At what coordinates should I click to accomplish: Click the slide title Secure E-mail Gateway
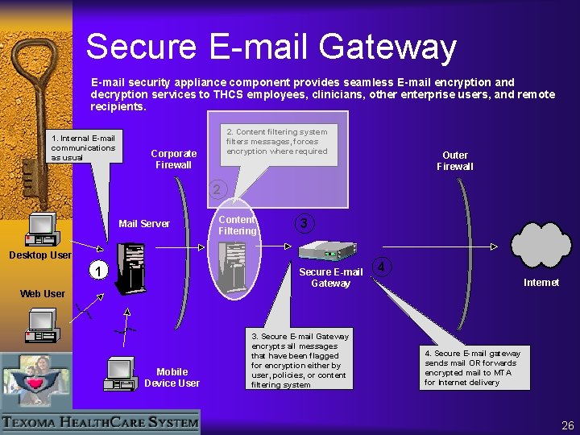point(271,47)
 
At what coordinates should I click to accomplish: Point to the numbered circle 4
point(384,266)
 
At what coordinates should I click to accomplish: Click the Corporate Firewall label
point(173,159)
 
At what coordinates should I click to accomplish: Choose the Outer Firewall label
point(454,161)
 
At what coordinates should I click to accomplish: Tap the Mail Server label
point(144,224)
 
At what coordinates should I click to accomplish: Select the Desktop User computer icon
point(41,229)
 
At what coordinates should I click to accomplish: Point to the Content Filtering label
point(237,225)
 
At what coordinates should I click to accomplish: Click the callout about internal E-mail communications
point(84,147)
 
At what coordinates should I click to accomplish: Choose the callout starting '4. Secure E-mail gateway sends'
point(473,367)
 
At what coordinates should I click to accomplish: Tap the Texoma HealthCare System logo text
point(100,421)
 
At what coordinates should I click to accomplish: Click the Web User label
point(42,294)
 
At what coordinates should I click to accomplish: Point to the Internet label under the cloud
point(541,283)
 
